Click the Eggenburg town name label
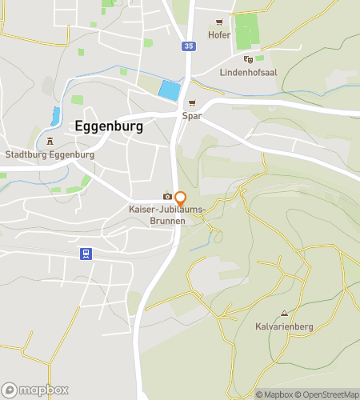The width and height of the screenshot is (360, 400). click(x=109, y=126)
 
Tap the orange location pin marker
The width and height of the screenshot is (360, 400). click(x=181, y=198)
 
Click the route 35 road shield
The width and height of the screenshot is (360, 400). click(x=187, y=47)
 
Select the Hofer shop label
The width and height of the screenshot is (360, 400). click(x=218, y=35)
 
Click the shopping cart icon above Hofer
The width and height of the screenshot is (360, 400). click(x=218, y=23)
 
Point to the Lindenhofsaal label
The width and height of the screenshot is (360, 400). click(x=248, y=72)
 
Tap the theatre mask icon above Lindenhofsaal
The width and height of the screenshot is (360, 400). click(x=248, y=59)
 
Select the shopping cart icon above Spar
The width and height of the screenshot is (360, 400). click(x=192, y=103)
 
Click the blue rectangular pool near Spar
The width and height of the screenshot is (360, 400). click(x=169, y=90)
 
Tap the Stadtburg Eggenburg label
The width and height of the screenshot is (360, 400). click(x=50, y=154)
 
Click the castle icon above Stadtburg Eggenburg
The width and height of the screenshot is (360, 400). click(x=50, y=142)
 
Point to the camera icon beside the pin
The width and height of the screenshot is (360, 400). click(x=166, y=196)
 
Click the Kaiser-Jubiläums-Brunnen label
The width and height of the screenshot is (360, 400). click(x=168, y=215)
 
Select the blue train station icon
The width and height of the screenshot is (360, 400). click(x=83, y=254)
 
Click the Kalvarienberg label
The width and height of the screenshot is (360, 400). click(x=284, y=326)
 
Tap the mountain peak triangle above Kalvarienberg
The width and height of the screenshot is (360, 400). click(x=284, y=313)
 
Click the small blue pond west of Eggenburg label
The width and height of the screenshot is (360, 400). click(x=55, y=117)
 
